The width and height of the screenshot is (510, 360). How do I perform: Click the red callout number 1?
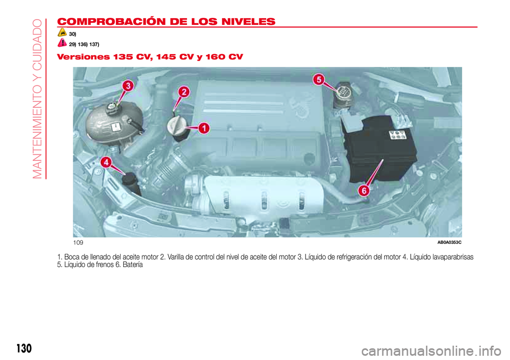204,128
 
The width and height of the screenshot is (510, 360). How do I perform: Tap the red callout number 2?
184,92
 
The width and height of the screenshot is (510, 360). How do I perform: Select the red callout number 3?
128,86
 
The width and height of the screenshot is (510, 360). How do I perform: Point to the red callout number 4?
106,162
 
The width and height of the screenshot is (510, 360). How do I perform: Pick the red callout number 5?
319,80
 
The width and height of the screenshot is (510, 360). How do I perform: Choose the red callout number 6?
364,191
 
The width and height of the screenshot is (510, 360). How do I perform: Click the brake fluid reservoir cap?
343,92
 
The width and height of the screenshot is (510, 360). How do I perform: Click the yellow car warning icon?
62,32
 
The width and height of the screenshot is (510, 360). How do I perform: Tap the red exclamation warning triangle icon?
62,42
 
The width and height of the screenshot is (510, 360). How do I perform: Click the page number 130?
24,348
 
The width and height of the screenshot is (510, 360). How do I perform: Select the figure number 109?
78,243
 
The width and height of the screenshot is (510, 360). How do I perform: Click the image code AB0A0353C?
449,242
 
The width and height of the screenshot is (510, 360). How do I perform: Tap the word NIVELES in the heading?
248,21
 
